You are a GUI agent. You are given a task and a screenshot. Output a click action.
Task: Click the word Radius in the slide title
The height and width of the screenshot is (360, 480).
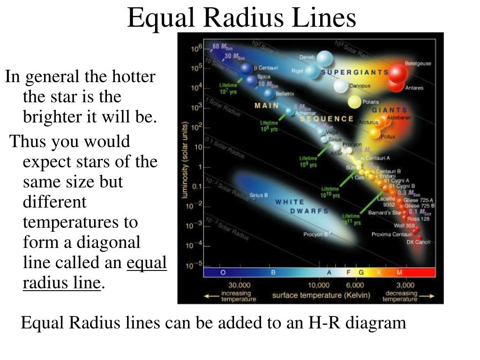[x=241, y=19]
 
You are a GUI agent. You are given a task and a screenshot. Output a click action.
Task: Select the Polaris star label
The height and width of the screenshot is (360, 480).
[x=371, y=102]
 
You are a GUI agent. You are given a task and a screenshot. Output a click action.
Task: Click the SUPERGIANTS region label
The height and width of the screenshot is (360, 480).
[x=355, y=72]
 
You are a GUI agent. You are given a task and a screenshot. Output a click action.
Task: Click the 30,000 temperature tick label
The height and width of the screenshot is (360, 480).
[x=239, y=285]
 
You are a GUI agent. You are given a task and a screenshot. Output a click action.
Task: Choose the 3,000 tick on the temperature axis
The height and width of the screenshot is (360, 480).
[x=405, y=285]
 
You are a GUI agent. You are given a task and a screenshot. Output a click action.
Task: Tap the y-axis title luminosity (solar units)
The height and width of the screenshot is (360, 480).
[x=186, y=159]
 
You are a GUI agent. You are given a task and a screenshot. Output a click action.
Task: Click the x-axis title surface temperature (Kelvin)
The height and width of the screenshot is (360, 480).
[x=321, y=295]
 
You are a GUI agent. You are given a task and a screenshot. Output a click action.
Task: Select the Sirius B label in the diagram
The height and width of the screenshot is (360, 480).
[x=259, y=195]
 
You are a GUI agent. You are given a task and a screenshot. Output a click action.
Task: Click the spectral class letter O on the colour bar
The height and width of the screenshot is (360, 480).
[x=223, y=272]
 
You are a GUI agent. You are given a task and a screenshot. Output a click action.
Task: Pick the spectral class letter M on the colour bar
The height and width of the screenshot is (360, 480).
[x=399, y=272]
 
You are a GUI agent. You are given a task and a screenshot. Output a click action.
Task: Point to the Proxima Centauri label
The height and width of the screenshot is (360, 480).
[x=392, y=234]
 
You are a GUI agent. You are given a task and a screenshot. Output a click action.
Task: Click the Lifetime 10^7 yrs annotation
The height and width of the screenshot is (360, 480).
[x=228, y=89]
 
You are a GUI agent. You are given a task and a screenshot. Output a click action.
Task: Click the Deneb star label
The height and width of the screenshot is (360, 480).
[x=307, y=58]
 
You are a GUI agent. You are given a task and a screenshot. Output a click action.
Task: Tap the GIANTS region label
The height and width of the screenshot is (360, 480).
[x=390, y=110]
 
